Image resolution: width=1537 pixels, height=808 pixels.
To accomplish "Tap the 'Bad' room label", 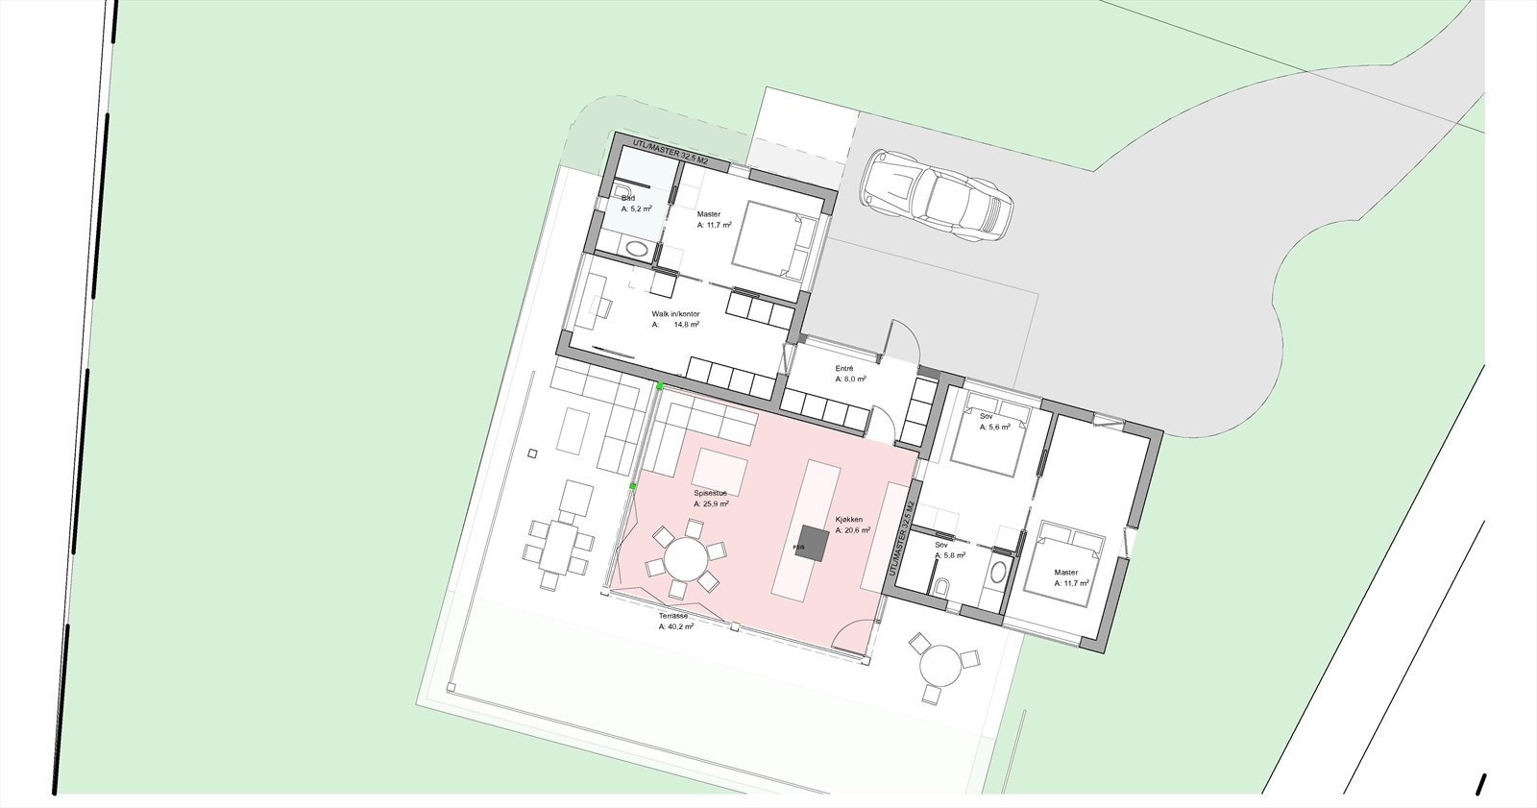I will tap(628, 198).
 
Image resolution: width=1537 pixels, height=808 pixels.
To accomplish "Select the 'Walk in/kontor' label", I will tap(675, 314).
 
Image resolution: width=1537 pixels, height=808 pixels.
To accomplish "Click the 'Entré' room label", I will tap(844, 369).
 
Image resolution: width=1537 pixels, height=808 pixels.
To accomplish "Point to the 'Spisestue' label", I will tap(711, 493).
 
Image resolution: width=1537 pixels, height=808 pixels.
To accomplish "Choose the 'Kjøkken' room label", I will tap(848, 519).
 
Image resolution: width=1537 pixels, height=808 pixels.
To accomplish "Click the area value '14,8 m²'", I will tap(686, 325).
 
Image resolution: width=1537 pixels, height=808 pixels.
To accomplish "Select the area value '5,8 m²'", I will tap(953, 554).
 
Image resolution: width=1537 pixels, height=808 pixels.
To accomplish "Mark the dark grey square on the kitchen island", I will tap(812, 544).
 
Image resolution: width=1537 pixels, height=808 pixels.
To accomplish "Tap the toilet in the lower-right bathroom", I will tap(943, 585).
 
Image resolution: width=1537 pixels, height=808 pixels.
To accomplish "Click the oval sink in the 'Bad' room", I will tap(637, 249).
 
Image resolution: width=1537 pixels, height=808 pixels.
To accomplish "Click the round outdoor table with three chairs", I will tap(938, 664).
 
